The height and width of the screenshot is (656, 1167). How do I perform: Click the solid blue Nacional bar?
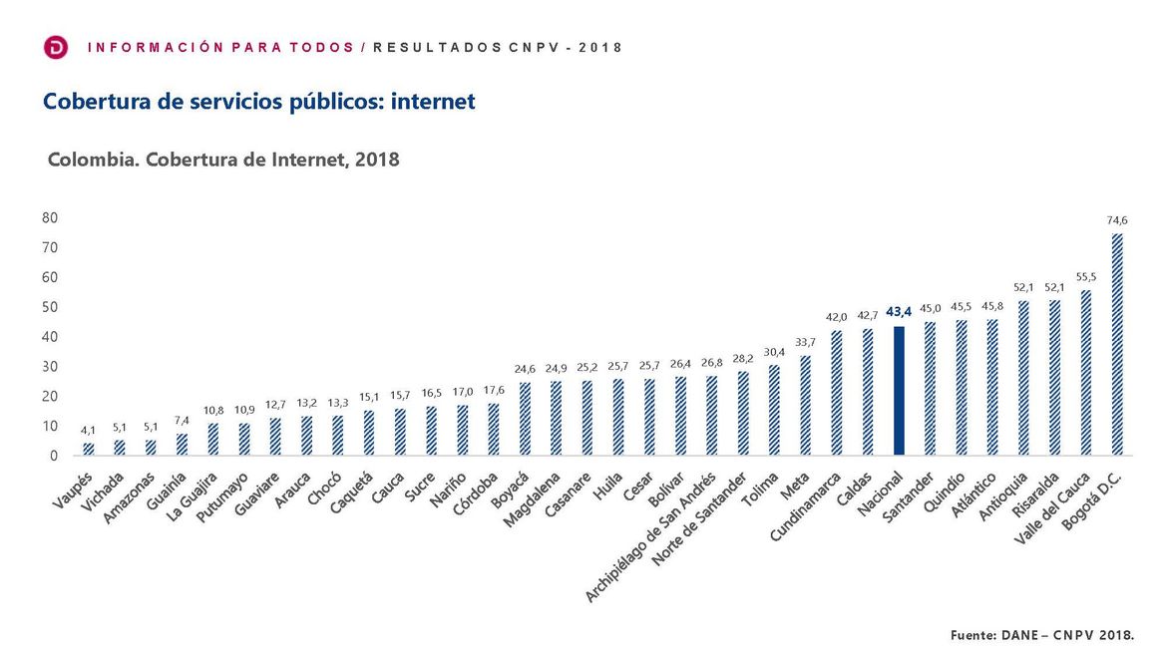pos(899,391)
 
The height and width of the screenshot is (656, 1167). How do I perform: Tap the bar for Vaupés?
pos(89,450)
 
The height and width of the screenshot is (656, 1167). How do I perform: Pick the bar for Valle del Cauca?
pos(1086,373)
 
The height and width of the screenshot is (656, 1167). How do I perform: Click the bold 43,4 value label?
pos(899,312)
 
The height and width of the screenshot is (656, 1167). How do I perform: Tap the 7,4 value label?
pos(182,421)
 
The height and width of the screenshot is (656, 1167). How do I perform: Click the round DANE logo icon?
pos(57,47)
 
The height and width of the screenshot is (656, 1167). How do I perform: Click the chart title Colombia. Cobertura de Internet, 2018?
pos(223,160)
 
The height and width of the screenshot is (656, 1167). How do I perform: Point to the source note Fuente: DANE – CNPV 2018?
pos(1041,634)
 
